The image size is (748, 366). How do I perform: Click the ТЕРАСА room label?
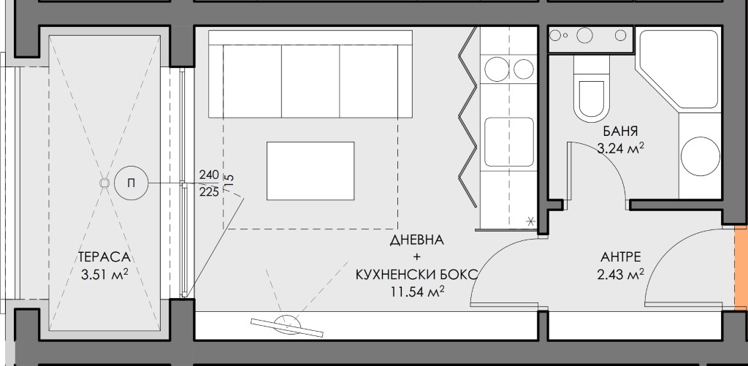104,257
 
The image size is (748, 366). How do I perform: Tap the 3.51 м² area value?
105,274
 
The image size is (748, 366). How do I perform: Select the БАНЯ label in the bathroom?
620,131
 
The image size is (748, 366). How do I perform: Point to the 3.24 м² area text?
621,148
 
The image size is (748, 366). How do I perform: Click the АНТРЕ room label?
621,257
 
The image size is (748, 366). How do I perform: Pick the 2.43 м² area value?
621,274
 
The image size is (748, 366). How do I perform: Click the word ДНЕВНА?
417,240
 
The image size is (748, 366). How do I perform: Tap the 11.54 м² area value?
417,291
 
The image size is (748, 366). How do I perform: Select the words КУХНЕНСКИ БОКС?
416,275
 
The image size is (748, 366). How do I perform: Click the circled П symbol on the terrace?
131,183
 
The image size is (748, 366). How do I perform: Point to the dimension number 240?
209,175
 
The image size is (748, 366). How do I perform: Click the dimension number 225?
209,192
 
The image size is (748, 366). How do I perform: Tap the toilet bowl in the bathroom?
592,98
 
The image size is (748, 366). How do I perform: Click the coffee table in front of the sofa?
310,171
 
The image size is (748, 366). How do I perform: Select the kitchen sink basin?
509,142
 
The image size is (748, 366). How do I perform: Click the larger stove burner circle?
497,69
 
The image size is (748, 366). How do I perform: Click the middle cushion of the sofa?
310,81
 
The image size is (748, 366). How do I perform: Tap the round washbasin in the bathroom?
701,156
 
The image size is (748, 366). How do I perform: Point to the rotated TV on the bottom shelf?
287,327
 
